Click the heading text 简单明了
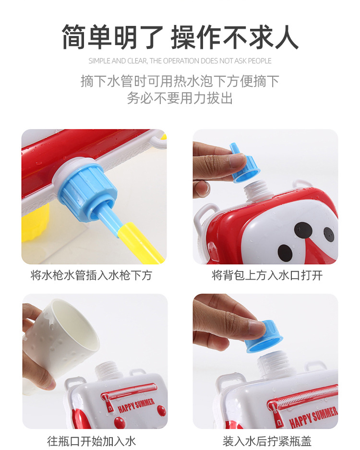point(112,37)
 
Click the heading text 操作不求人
point(235,37)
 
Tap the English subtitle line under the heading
point(180,61)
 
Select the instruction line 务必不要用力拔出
point(180,98)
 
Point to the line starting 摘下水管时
point(180,81)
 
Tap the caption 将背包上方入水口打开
point(267,275)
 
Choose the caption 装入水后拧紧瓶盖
point(267,440)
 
